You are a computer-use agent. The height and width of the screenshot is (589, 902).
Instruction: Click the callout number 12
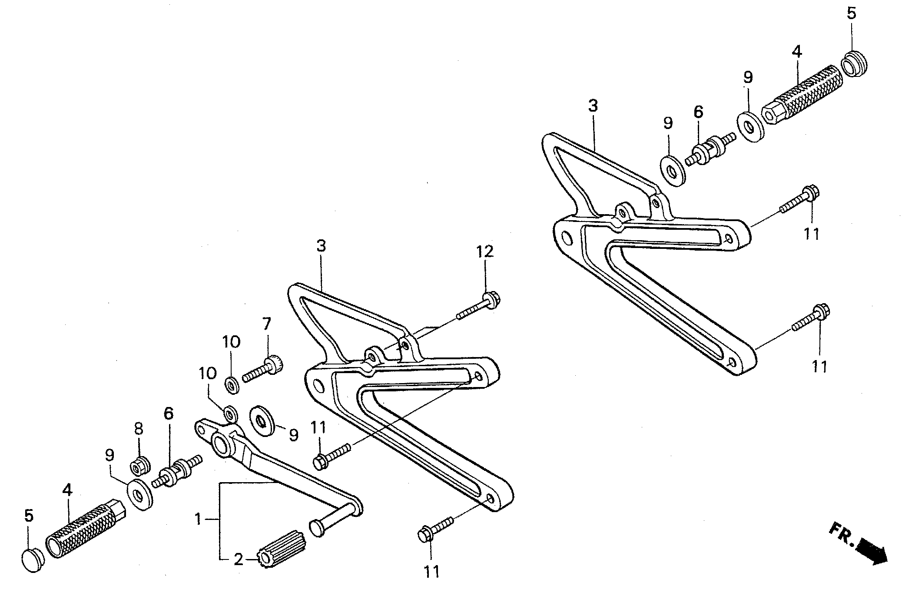(485, 251)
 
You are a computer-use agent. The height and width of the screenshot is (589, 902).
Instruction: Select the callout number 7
(266, 324)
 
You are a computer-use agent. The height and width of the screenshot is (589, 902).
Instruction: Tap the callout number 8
(138, 430)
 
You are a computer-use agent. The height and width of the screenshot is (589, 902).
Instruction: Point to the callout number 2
(239, 559)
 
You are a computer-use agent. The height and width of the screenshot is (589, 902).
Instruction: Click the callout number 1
(198, 519)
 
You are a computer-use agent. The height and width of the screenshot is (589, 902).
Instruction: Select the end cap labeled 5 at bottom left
(33, 560)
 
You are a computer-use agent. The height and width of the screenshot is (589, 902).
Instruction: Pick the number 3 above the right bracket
(593, 106)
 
